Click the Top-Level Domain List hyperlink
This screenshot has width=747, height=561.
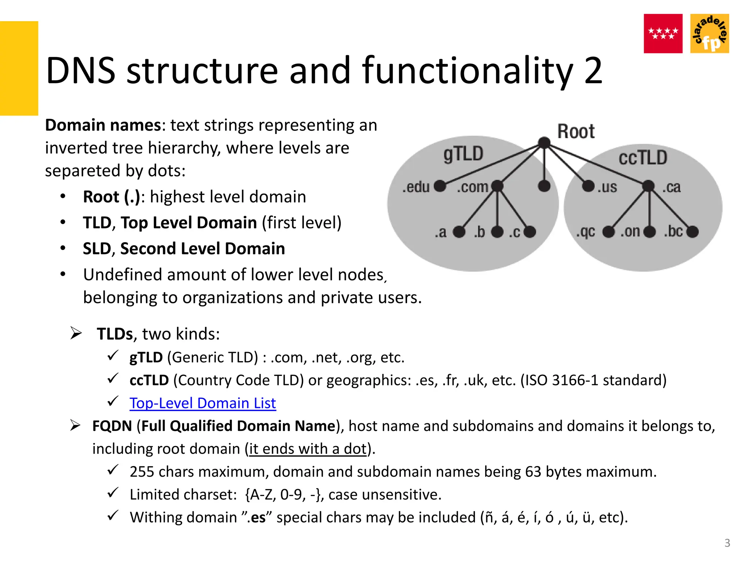tap(202, 403)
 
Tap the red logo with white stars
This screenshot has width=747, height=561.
tap(663, 34)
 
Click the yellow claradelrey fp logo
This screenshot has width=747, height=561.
tap(709, 34)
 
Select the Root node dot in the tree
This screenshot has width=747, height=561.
tap(544, 142)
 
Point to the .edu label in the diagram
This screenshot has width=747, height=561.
tap(416, 187)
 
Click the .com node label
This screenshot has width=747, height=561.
tap(472, 187)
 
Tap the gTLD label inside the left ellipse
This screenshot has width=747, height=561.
tap(463, 153)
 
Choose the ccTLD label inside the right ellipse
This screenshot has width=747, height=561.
tap(643, 158)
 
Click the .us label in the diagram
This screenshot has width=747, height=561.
tap(607, 187)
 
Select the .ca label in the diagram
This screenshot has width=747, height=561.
tap(671, 187)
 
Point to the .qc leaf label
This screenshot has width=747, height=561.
tap(585, 232)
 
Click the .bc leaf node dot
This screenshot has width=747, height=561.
tap(692, 232)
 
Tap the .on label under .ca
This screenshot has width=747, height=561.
tap(630, 232)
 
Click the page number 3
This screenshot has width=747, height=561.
tap(727, 543)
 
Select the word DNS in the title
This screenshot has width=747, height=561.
tap(81, 70)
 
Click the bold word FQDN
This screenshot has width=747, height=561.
tap(112, 426)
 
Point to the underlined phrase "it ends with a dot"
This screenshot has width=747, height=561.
tap(307, 449)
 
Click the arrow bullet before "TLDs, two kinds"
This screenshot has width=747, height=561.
tap(76, 333)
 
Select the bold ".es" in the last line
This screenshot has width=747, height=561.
tap(258, 518)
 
